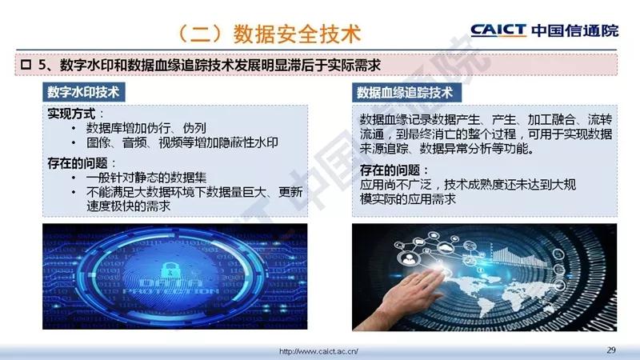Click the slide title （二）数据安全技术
click(270, 34)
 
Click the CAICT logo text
click(498, 30)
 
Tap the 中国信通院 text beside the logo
click(574, 30)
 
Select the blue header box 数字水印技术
click(84, 92)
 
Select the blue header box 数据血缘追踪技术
click(406, 92)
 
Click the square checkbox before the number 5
click(26, 65)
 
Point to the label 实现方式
click(71, 114)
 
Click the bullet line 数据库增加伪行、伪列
click(146, 128)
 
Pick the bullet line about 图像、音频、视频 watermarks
click(182, 142)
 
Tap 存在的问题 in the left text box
click(78, 163)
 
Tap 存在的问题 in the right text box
click(390, 170)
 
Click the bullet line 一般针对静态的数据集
click(146, 178)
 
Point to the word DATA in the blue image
click(171, 283)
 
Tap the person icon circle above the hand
click(407, 258)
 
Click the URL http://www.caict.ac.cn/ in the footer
click(318, 351)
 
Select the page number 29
click(611, 350)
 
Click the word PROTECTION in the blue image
click(171, 291)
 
